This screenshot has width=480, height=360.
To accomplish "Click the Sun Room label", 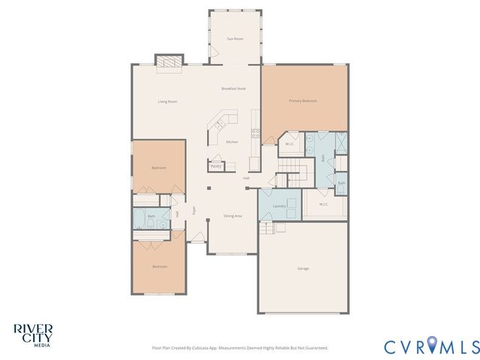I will click(x=235, y=38).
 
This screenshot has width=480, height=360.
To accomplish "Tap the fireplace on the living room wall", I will click(x=169, y=61).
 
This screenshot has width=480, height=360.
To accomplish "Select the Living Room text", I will click(x=167, y=101).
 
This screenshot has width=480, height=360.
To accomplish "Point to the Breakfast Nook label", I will click(x=233, y=88).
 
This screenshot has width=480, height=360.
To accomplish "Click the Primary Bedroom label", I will click(x=303, y=100).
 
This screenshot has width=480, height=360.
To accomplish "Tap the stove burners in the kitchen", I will click(x=256, y=133).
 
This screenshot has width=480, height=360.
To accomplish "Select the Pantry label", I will click(x=216, y=166).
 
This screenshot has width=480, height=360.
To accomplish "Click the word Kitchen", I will click(x=232, y=142).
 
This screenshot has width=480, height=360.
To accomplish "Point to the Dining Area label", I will click(x=232, y=216).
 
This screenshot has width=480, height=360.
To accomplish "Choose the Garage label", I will click(x=303, y=268).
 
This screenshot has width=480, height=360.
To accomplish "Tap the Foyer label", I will click(x=193, y=211).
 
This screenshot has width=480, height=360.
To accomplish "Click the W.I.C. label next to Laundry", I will click(x=323, y=204).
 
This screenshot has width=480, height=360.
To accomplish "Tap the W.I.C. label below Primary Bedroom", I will click(x=289, y=143).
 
